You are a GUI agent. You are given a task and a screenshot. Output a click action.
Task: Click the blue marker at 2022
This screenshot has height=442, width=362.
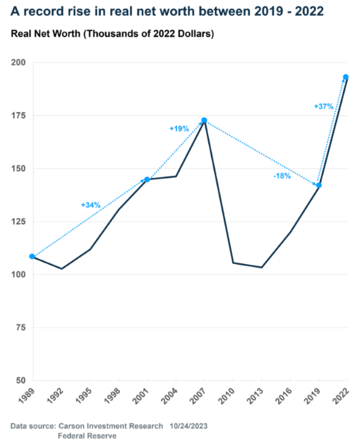tap(346, 77)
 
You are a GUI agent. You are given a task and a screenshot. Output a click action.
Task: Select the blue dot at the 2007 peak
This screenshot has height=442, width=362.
tap(204, 120)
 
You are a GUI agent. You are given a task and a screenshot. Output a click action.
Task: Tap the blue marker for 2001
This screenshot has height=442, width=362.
tap(147, 179)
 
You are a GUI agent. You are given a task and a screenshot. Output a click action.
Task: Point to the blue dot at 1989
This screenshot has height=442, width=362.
tap(32, 257)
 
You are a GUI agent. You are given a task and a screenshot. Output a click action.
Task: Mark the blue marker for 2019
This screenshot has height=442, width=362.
tap(319, 185)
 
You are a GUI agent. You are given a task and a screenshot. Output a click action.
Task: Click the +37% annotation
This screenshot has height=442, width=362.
tap(323, 106)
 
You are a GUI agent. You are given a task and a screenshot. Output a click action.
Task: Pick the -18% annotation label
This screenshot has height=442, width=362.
tap(282, 176)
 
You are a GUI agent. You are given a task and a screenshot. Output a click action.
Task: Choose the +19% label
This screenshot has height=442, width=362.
tap(179, 129)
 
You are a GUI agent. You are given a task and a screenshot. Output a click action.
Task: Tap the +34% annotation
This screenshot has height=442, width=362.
tap(91, 205)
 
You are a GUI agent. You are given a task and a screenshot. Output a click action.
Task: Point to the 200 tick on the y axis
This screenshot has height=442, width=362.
tap(18, 62)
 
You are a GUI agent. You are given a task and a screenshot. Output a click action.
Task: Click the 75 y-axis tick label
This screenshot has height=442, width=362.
tap(20, 328)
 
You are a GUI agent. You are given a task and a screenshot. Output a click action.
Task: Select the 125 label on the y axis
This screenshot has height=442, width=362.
tap(18, 221)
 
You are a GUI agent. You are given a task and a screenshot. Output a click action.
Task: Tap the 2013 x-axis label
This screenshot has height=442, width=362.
tap(255, 395)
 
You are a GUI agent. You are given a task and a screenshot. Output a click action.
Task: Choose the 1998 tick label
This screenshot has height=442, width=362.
tap(112, 395)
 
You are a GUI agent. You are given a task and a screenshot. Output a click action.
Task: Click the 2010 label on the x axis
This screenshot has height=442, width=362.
tap(226, 395)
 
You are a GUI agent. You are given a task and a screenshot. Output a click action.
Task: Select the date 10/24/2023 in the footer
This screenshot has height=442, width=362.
tap(188, 426)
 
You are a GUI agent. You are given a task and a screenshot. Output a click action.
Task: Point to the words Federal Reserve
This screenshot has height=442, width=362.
tap(87, 436)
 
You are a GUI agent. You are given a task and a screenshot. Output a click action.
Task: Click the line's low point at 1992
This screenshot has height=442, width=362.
tap(62, 269)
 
